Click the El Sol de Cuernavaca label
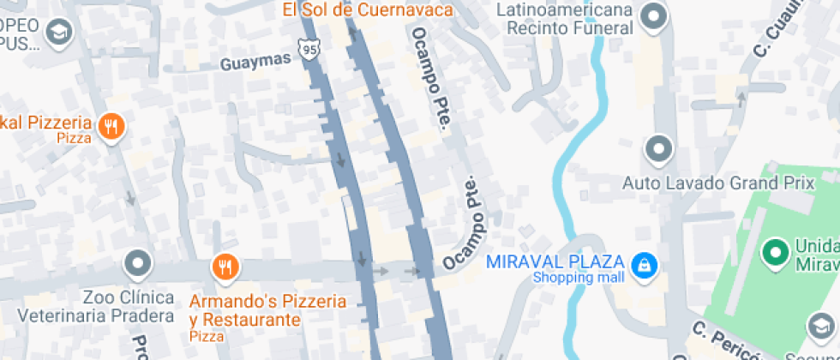click(x=368, y=10)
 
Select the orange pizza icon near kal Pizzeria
click(x=111, y=127)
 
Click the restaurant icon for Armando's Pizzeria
click(x=225, y=267)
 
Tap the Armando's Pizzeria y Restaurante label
click(x=267, y=311)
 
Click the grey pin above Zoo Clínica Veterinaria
click(x=137, y=264)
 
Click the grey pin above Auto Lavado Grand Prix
click(x=658, y=149)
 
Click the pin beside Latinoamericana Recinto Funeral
click(x=655, y=16)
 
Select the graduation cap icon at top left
click(x=61, y=33)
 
